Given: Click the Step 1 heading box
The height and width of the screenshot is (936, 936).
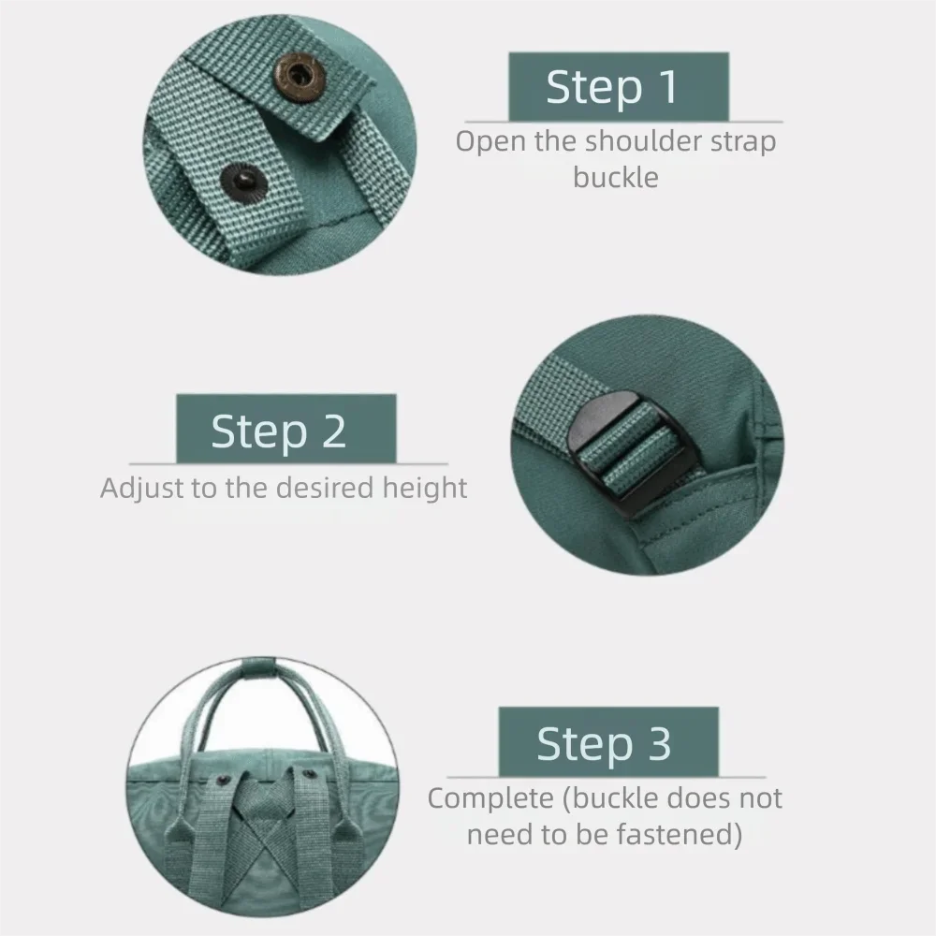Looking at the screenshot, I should click(618, 86).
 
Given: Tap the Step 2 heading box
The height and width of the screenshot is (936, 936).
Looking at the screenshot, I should click(285, 430).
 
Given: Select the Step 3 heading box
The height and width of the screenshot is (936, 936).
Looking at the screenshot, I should click(607, 742).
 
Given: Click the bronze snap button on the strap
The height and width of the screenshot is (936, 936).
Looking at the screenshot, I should click(301, 72).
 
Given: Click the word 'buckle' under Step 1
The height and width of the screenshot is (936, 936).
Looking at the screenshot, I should click(616, 177).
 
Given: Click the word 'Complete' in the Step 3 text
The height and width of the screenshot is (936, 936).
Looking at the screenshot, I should click(490, 799).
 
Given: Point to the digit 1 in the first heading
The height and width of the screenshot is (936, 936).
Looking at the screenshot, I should click(667, 86).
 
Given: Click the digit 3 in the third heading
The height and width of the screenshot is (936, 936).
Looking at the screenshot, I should click(659, 743).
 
